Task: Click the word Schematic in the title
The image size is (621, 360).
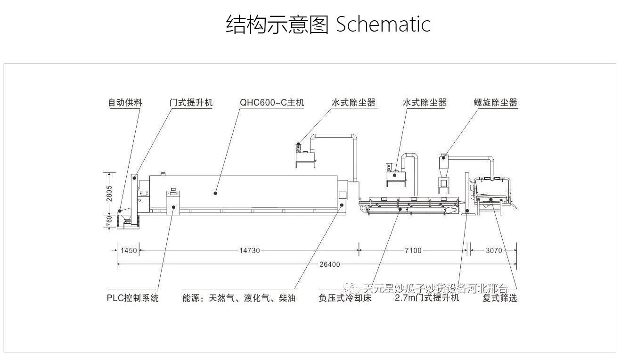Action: [383, 24]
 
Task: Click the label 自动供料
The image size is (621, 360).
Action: [125, 103]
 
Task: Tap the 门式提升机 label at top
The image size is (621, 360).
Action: [191, 103]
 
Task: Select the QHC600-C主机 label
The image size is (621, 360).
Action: [272, 103]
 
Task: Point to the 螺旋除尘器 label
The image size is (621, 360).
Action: [495, 103]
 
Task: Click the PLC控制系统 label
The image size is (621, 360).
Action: [133, 298]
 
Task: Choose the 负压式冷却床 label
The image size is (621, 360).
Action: [345, 298]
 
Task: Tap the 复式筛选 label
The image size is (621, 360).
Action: [499, 298]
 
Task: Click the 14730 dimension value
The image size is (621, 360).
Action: [249, 251]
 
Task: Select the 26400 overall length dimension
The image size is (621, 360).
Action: [329, 264]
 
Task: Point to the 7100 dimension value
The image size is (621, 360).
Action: [413, 251]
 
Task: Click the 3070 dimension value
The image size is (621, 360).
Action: [494, 251]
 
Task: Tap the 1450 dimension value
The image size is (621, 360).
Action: [128, 251]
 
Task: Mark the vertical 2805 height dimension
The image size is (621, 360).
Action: [109, 194]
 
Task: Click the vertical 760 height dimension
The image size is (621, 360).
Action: [109, 221]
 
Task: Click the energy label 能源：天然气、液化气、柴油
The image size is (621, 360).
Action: [239, 298]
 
